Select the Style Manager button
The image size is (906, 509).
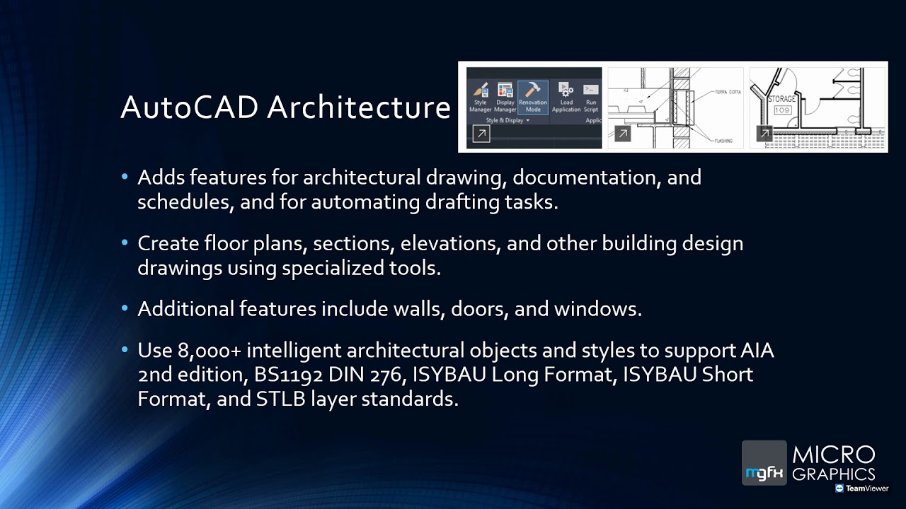point(480,91)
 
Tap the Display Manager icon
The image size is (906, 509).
point(505,91)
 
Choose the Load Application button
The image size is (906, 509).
point(566,91)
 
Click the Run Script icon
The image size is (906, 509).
point(591,91)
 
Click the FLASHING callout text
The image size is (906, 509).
point(723,141)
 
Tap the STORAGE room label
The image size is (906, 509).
point(781,99)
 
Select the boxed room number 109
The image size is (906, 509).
point(781,110)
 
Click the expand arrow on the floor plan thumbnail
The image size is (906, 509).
point(764,134)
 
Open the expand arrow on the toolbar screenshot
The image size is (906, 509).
point(481,134)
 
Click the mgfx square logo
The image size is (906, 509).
point(764,463)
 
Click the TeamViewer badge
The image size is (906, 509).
point(861,488)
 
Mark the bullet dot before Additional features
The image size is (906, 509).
point(125,309)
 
